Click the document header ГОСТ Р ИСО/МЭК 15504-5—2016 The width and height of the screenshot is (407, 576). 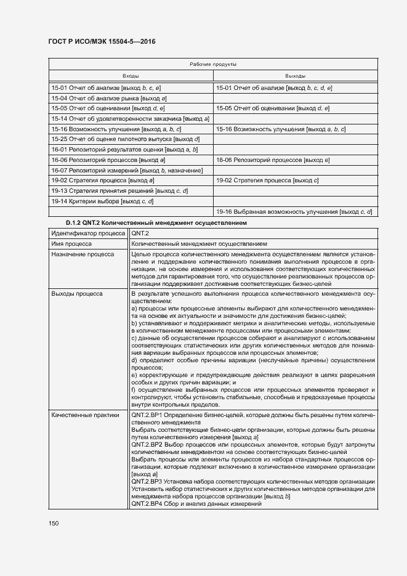click(x=102, y=41)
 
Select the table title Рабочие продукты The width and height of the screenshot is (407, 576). click(x=213, y=64)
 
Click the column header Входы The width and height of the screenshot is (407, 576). click(x=131, y=76)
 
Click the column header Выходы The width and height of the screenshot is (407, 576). click(x=295, y=76)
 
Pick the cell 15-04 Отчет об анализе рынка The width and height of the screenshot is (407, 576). click(x=110, y=99)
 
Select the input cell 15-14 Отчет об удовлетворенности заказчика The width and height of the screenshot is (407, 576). click(x=130, y=119)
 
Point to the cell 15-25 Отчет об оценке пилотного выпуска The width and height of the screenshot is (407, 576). click(x=125, y=139)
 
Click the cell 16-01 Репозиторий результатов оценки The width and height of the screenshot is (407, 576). click(x=124, y=150)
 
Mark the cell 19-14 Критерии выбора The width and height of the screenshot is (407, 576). click(x=102, y=201)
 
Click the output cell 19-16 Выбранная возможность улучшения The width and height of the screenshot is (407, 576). click(x=293, y=212)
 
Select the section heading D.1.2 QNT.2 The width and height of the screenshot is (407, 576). click(x=156, y=222)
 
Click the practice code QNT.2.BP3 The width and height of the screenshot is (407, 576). click(x=147, y=481)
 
